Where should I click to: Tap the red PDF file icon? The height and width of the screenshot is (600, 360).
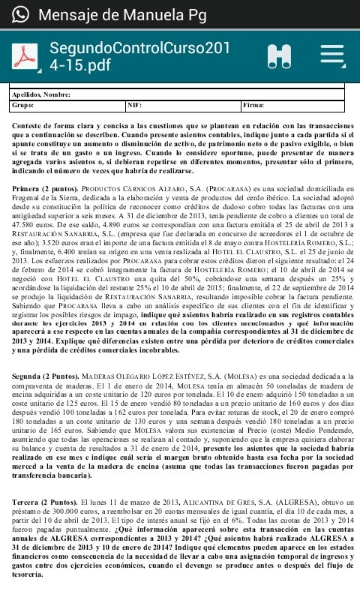point(27,56)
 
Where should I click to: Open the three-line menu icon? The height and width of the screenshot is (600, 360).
point(333,55)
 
